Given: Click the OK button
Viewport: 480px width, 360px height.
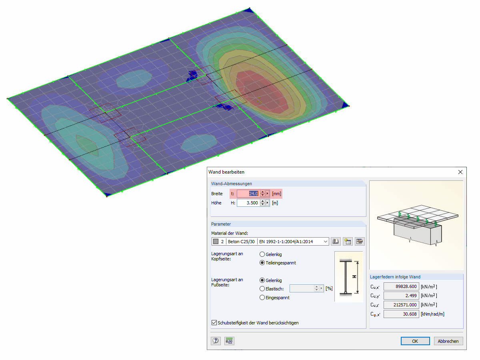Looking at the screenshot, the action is (x=415, y=341).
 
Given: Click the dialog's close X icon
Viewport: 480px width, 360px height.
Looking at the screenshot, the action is (x=460, y=172).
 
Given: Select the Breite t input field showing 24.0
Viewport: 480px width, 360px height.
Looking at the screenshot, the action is (x=248, y=194).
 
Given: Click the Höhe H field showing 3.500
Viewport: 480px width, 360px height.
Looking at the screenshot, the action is (x=248, y=203).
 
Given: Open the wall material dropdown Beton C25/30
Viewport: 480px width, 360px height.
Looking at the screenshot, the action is (x=270, y=242).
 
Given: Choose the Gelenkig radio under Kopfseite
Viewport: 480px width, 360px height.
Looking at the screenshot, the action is (x=262, y=254).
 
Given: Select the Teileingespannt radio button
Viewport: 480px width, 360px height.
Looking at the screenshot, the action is (x=262, y=263).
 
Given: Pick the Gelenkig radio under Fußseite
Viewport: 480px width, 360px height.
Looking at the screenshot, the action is (x=262, y=280).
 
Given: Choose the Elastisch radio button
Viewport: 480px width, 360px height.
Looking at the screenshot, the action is (x=262, y=289).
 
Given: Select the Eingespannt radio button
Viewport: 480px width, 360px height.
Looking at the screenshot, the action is (x=262, y=298).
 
